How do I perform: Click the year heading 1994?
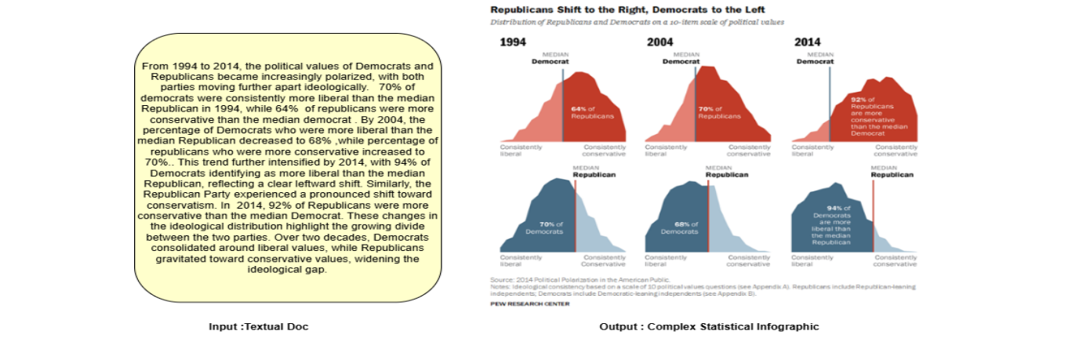(513, 42)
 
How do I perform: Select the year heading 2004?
(660, 42)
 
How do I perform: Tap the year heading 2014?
(807, 42)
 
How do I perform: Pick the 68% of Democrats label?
(678, 227)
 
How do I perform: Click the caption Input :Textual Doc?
(258, 326)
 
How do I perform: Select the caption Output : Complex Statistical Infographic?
(708, 326)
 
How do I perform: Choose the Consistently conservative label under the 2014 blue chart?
(896, 260)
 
